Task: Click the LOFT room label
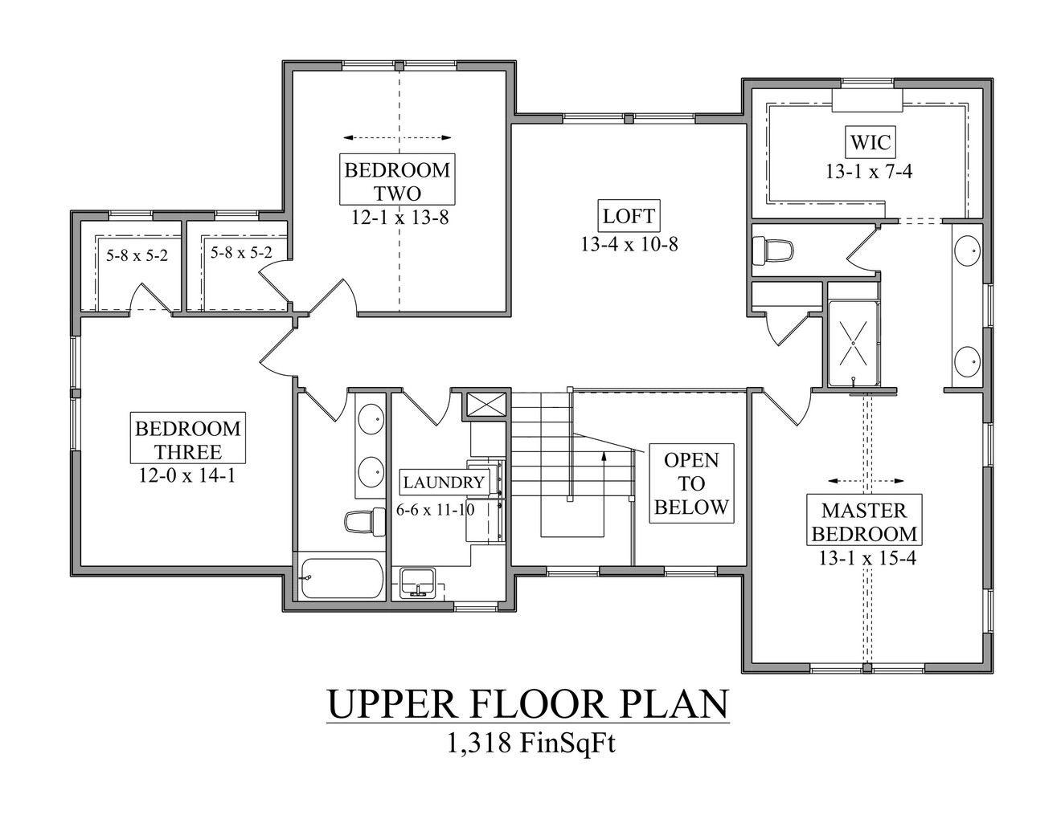(629, 216)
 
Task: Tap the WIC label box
(870, 144)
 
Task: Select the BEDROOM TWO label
(397, 181)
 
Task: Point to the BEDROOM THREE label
(187, 439)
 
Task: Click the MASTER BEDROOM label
(863, 521)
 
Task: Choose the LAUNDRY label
(444, 483)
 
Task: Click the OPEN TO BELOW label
(691, 483)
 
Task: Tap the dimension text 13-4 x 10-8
(629, 244)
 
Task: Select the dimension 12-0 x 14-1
(186, 475)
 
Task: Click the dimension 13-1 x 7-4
(868, 171)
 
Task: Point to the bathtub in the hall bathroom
(342, 578)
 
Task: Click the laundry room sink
(417, 582)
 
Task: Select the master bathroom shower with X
(853, 343)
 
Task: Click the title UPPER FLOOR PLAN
(527, 703)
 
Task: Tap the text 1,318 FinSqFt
(530, 744)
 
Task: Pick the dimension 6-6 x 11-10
(435, 509)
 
